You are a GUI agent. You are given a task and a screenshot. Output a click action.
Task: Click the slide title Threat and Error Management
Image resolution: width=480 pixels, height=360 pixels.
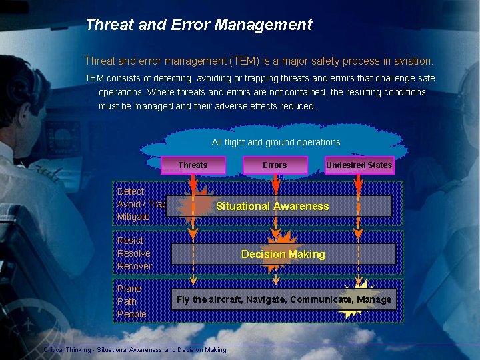point(199,25)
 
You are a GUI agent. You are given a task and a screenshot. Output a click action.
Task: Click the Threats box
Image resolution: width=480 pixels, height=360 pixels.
point(193,165)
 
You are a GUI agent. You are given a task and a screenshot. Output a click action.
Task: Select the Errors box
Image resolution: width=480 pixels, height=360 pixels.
point(275,165)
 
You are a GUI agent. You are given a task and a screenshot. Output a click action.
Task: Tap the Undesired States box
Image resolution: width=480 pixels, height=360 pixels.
point(359,165)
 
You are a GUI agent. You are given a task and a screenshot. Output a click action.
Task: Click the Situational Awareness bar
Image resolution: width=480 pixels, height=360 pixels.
point(278,207)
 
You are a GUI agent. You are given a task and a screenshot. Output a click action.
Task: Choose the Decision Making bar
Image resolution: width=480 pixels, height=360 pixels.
point(283,254)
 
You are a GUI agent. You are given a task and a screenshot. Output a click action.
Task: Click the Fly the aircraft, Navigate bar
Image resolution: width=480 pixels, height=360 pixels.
point(283,300)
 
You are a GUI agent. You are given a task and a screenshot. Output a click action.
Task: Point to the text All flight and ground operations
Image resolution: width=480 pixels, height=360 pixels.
point(276,142)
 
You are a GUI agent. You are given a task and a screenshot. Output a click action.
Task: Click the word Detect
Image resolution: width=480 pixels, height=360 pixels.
point(130,191)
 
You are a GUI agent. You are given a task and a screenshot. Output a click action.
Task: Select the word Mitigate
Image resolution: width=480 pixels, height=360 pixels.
point(133,217)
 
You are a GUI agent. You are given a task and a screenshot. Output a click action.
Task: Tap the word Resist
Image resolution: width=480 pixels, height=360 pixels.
point(130,241)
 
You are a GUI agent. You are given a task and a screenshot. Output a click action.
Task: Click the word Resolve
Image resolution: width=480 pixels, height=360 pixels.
point(133,253)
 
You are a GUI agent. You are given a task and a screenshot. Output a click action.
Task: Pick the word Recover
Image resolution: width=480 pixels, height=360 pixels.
point(134,266)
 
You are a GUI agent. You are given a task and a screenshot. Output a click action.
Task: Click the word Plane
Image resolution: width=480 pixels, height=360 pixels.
point(129,289)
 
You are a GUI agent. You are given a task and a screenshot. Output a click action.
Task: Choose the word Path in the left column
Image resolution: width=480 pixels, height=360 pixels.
point(127,301)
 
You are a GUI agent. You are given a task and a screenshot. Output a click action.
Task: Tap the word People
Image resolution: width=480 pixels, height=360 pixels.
point(131,314)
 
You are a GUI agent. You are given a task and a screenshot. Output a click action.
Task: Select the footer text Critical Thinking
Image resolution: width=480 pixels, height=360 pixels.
point(67,350)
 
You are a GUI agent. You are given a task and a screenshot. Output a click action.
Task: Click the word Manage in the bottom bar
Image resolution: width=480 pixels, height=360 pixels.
point(374,300)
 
